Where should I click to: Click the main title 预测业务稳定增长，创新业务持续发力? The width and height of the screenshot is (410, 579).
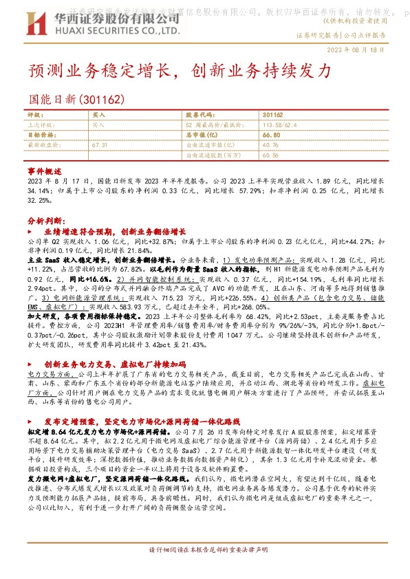(180, 72)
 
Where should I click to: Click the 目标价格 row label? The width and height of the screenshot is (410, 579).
(41, 135)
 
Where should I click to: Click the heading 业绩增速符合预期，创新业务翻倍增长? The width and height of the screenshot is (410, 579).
(121, 233)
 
